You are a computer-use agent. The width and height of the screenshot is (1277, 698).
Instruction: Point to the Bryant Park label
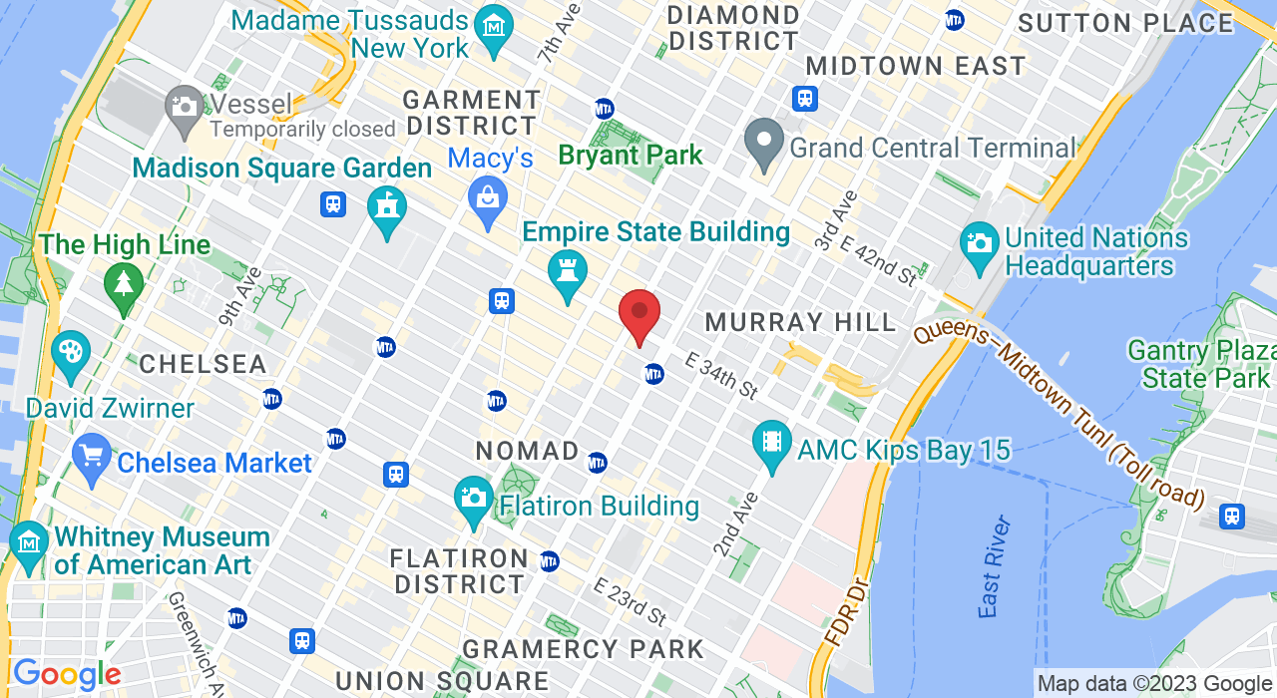(631, 156)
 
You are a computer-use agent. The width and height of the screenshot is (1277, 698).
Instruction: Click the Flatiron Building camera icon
(474, 498)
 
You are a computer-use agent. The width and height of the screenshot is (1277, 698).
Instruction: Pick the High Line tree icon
(124, 284)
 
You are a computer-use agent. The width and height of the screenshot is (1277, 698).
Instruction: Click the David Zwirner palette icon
(70, 353)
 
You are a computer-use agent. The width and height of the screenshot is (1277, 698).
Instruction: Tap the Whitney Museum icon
(29, 543)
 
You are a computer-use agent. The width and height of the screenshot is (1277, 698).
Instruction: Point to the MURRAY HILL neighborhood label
(801, 322)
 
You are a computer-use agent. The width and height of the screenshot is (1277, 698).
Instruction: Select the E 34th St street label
(721, 376)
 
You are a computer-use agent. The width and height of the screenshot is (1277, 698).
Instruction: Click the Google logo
(67, 675)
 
